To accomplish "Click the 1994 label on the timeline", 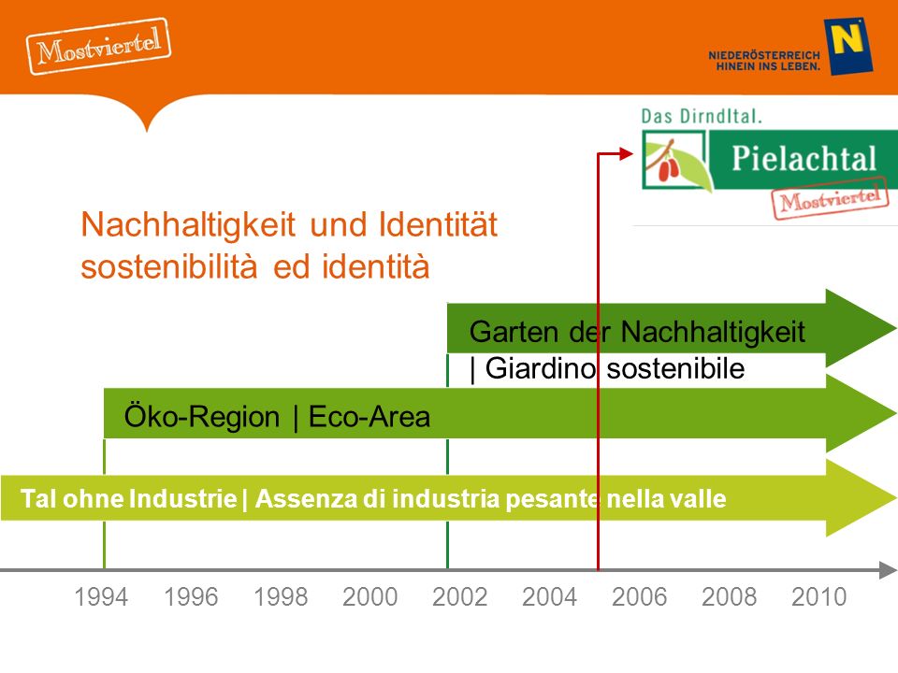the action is [101, 597].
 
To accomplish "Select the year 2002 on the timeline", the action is [460, 597].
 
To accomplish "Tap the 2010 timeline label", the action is [819, 597].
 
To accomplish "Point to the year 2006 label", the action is [639, 597].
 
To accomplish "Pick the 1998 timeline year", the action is [281, 597].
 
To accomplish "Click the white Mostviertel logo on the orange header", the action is [98, 47].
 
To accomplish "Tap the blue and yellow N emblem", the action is [848, 47].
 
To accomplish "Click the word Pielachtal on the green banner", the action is [804, 158].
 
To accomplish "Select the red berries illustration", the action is [669, 168].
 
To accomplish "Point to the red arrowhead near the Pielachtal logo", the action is [626, 152].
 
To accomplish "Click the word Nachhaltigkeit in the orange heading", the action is [188, 224].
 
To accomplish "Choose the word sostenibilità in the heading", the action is [169, 266].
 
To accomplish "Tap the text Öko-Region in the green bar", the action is [202, 416].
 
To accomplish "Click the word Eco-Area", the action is [369, 417].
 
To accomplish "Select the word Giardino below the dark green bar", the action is [540, 368].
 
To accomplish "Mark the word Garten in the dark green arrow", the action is [514, 332].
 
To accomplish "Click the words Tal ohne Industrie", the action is [129, 498].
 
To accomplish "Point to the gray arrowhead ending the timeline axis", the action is [888, 570].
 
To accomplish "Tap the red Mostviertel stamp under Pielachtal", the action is [830, 198].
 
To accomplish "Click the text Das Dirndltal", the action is [702, 116].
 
